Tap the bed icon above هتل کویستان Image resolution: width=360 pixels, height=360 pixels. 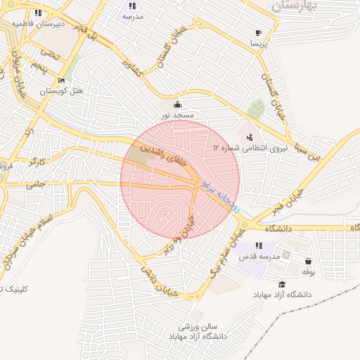[62, 81]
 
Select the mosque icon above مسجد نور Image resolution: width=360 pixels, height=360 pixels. [176, 105]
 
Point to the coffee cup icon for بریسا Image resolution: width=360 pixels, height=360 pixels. [258, 33]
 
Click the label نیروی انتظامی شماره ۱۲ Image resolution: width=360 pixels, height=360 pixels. [246, 148]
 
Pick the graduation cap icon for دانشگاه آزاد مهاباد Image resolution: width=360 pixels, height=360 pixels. [282, 284]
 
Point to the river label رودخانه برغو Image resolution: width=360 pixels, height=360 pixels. [220, 196]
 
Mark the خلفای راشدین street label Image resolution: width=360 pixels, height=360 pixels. [165, 155]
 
